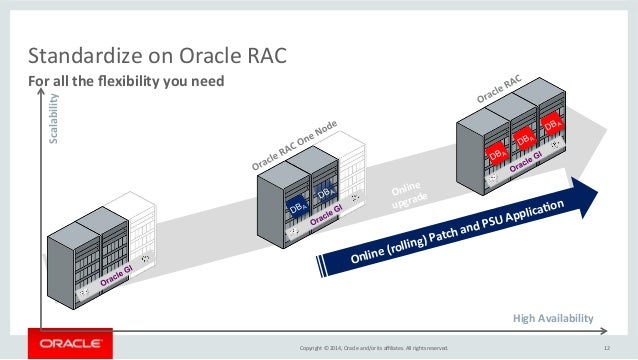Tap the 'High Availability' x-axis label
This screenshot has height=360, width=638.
click(552, 318)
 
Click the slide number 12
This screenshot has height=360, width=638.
click(606, 347)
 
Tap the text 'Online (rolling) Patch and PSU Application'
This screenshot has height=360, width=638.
click(455, 232)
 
